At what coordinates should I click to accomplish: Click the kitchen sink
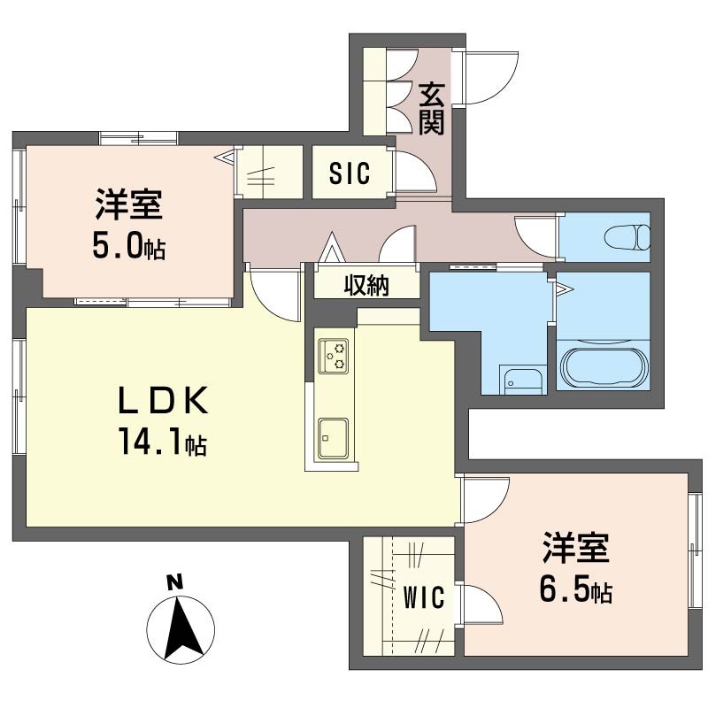[x=334, y=435]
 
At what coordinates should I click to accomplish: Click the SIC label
[x=349, y=173]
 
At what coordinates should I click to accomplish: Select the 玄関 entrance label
[x=431, y=109]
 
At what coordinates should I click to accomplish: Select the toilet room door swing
[x=535, y=237]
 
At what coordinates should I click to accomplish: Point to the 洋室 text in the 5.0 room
[x=128, y=207]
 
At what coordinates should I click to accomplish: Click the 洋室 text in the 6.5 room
[x=575, y=549]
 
